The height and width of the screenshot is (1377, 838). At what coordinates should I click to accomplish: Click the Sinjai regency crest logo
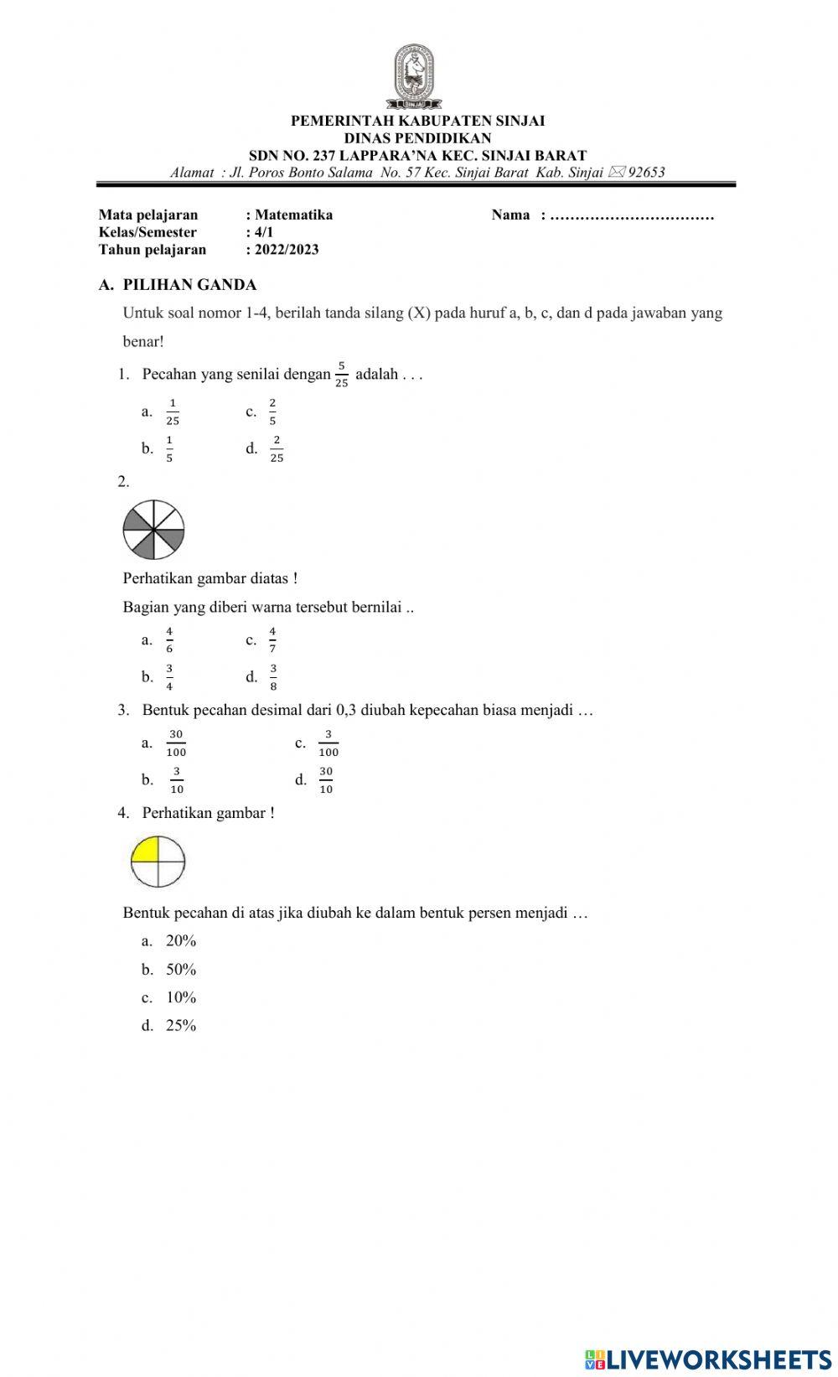pos(414,76)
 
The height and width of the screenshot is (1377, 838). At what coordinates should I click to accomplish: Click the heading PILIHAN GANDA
pos(189,285)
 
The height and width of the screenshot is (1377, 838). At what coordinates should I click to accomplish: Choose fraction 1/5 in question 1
pos(169,448)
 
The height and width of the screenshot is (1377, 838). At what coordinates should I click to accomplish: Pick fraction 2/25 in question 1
pos(277,448)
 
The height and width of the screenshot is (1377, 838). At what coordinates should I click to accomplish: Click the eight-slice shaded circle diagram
pos(153,530)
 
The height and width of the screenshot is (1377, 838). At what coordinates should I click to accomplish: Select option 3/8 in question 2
pos(273,676)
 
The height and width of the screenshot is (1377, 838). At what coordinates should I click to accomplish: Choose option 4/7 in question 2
pos(272,639)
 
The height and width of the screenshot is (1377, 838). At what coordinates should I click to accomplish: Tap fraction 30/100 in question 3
pos(176,743)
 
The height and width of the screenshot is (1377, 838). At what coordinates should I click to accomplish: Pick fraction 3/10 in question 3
pos(177,779)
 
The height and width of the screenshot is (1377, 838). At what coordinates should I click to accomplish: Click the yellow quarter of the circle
pos(147,850)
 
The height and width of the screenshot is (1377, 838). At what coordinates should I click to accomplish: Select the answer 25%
pos(181,1026)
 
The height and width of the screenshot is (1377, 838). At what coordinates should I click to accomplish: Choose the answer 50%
pos(181,970)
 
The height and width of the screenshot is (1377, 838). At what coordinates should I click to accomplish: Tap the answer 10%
pos(181,997)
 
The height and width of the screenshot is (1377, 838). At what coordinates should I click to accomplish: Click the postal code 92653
pos(646,173)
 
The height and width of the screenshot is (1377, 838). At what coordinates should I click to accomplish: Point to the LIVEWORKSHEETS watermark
pos(708,1359)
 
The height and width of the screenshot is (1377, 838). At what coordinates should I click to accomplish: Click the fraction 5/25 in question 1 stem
pos(341,375)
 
